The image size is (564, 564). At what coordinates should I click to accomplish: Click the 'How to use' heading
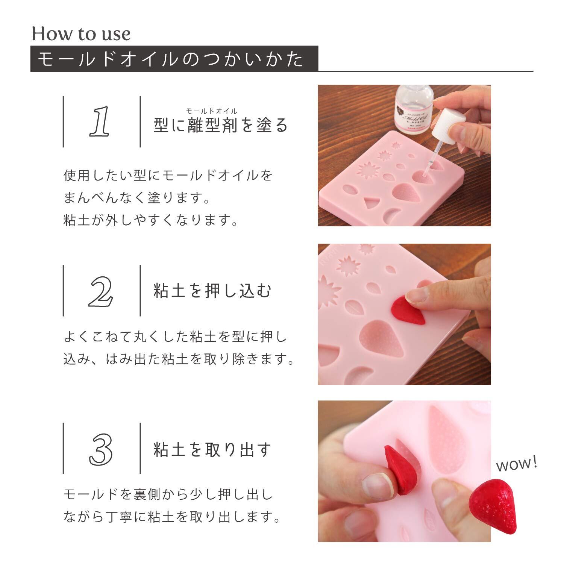(x=81, y=34)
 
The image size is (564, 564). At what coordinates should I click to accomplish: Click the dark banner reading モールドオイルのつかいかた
(x=174, y=59)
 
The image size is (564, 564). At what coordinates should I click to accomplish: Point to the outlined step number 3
(x=101, y=449)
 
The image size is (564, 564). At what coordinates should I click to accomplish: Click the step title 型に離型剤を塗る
(x=221, y=125)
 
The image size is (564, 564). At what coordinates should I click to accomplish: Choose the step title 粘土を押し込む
(x=212, y=291)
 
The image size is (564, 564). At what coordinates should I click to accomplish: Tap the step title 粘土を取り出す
(x=212, y=449)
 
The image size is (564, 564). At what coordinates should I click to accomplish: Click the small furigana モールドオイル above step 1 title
(x=212, y=111)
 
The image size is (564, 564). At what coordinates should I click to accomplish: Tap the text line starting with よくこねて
(x=176, y=337)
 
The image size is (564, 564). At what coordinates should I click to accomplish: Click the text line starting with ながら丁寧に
(x=173, y=517)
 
